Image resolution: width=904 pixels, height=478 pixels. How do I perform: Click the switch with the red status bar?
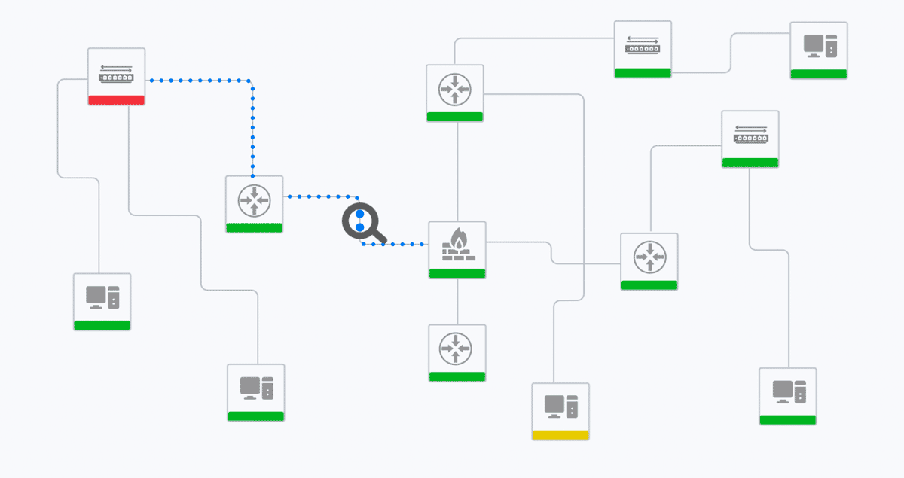click(x=116, y=73)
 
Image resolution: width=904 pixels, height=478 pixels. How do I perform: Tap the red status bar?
click(x=116, y=100)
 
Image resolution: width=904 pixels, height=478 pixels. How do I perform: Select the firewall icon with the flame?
click(x=457, y=246)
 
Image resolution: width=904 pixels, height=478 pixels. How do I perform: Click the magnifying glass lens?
click(x=359, y=221)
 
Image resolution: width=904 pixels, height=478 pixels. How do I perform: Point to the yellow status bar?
click(x=560, y=435)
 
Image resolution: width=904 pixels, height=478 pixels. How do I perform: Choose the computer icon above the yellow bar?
click(x=560, y=406)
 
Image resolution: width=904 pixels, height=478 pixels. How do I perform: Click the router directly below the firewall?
click(x=457, y=349)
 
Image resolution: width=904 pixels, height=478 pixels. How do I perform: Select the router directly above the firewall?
click(x=454, y=90)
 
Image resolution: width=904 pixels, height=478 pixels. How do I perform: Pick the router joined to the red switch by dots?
click(x=255, y=199)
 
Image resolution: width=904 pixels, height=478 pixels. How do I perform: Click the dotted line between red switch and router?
click(x=252, y=128)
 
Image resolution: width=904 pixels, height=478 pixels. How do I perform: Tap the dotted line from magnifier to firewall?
click(x=399, y=245)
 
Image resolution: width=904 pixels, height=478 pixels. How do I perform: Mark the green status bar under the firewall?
click(x=457, y=273)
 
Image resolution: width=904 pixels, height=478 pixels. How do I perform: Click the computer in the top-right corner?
click(x=819, y=46)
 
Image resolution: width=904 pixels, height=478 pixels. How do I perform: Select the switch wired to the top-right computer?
click(x=643, y=45)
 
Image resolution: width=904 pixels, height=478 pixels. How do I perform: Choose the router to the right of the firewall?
click(x=649, y=257)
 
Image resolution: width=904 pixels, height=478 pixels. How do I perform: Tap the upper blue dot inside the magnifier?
click(x=359, y=215)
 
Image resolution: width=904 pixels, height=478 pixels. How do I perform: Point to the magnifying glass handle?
click(x=379, y=239)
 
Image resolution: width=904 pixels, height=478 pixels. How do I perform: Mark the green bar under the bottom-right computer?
click(x=788, y=419)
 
